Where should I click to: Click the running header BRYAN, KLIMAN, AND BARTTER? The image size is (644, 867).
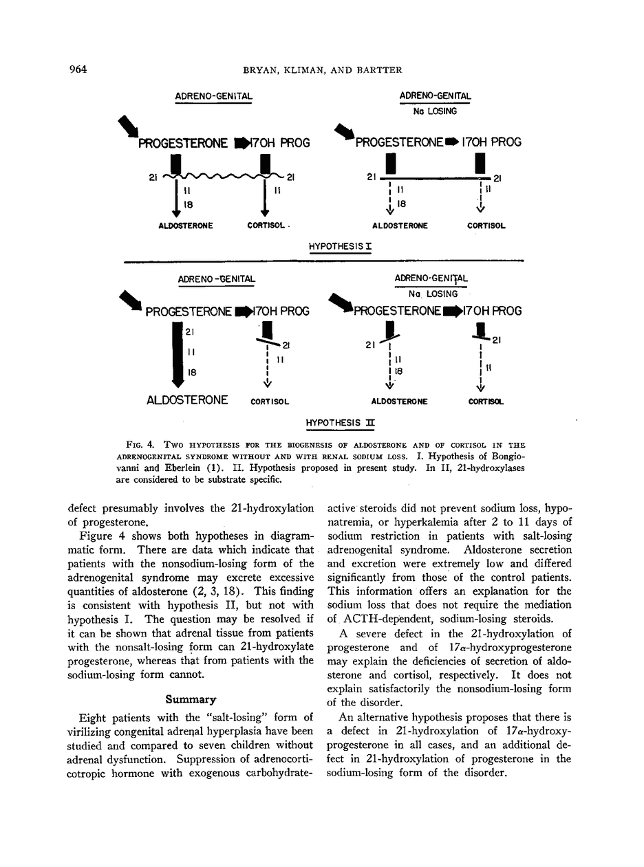click(322, 69)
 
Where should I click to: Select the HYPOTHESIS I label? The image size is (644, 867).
click(339, 245)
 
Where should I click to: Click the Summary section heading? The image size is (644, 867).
click(191, 700)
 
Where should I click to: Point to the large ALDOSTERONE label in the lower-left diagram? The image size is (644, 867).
click(187, 399)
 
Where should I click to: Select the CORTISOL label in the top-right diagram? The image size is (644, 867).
click(486, 226)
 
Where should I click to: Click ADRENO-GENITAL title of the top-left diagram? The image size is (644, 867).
click(213, 97)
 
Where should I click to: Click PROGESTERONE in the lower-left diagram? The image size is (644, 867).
click(188, 311)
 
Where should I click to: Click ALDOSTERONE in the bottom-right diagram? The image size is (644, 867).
click(400, 402)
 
